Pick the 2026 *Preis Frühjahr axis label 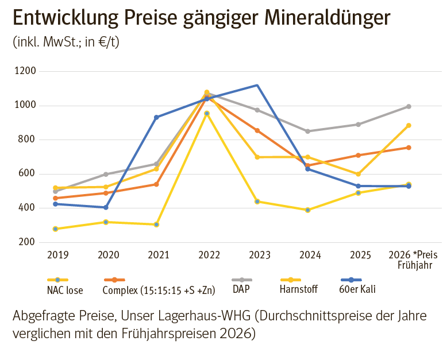click(x=413, y=260)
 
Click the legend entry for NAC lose click(x=64, y=290)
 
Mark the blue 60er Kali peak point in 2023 click(x=257, y=86)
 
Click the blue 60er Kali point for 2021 click(x=156, y=117)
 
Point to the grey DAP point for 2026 click(x=409, y=106)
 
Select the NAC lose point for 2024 click(x=308, y=210)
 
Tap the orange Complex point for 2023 click(x=257, y=130)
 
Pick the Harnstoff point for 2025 click(x=359, y=174)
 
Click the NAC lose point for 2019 click(x=55, y=229)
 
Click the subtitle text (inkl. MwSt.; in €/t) click(x=66, y=42)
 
